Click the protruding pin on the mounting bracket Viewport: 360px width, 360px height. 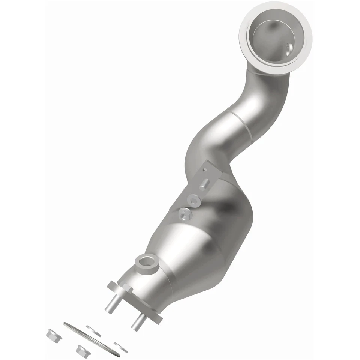[204, 185]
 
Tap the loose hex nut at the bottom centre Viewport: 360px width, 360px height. [81, 351]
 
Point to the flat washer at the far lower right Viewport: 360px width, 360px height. [121, 347]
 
